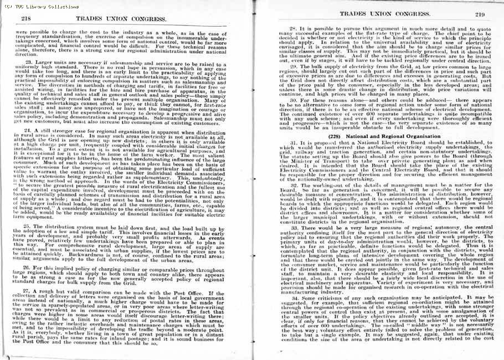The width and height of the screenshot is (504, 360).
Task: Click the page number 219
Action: (479, 14)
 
